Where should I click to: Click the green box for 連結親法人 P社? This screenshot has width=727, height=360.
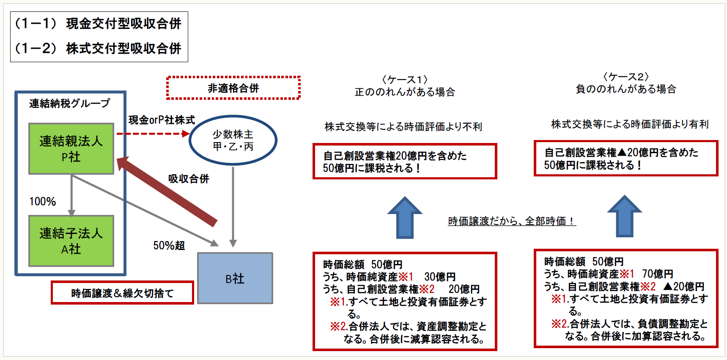tap(71, 148)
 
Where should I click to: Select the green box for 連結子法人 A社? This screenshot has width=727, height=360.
tap(71, 241)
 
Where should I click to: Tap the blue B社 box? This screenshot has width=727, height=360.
tap(235, 278)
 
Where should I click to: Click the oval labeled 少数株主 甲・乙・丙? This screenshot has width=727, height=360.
tap(233, 140)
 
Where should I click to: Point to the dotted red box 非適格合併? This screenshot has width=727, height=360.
tap(233, 88)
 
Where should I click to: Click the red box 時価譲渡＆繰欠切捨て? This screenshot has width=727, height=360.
tap(122, 293)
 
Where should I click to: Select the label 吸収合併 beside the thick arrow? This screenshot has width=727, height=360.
tap(189, 179)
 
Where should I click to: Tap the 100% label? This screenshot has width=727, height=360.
tap(42, 201)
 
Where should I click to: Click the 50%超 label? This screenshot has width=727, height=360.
tap(169, 245)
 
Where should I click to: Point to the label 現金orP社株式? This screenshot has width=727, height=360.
tap(162, 120)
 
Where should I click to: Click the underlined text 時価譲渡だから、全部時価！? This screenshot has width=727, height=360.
tap(512, 221)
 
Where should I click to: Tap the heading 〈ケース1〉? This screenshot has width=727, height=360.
tap(405, 80)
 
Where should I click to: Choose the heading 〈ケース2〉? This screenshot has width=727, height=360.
tap(625, 77)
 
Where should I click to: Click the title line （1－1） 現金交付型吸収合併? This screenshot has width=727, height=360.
tap(98, 24)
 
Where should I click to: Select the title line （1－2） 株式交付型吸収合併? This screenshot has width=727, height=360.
tap(98, 49)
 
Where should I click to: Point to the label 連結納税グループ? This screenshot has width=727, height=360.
tap(69, 103)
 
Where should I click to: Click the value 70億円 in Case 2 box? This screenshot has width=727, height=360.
tap(658, 274)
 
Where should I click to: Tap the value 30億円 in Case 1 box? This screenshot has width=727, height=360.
tap(440, 277)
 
